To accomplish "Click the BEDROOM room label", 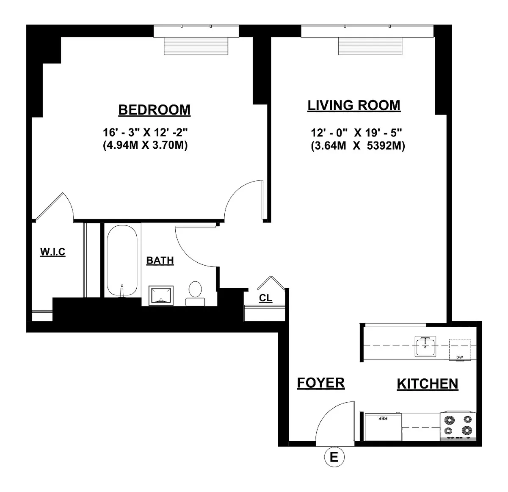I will [154, 110].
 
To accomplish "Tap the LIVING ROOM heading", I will [353, 105].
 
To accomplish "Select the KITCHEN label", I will [427, 384].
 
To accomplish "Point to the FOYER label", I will [320, 383].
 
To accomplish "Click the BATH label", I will [160, 261].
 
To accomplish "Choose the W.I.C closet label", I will [53, 252].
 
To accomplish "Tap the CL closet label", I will [265, 298].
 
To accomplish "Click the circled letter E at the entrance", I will [334, 458].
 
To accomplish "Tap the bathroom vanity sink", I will [162, 295].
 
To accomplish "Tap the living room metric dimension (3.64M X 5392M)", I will [357, 146].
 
